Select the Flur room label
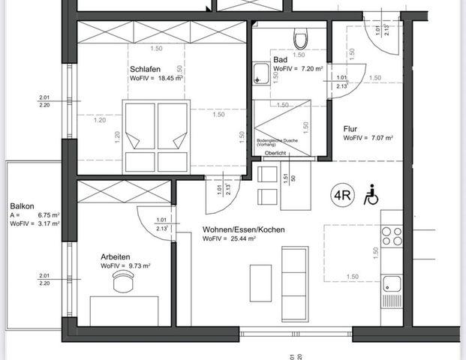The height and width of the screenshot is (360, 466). tap(350, 128)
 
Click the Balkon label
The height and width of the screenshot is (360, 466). tap(20, 205)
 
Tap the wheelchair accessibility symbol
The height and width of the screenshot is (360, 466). tap(370, 196)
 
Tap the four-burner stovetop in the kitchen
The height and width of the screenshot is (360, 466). tap(392, 236)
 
